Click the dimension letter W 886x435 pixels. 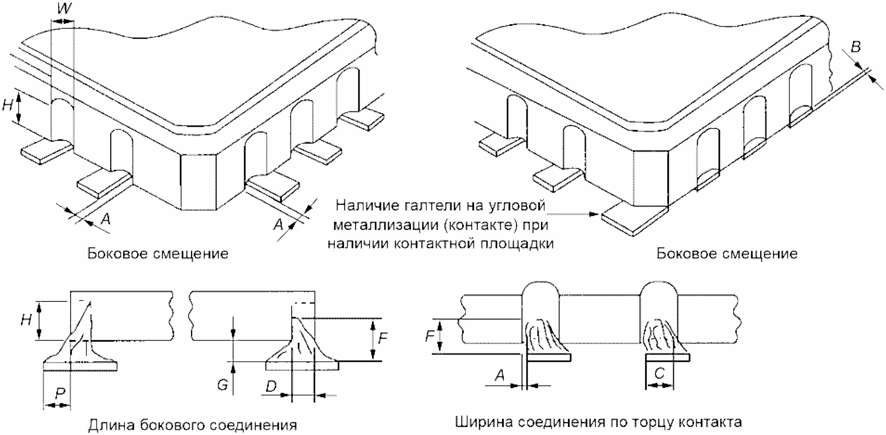[x=64, y=9]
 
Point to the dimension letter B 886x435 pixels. [x=856, y=46]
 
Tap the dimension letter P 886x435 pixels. [x=60, y=393]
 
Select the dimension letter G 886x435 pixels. [x=222, y=384]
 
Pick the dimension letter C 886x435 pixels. [x=659, y=373]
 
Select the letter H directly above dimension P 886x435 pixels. [x=26, y=320]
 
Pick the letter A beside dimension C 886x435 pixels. [x=500, y=375]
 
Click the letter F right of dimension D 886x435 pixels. [x=383, y=339]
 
